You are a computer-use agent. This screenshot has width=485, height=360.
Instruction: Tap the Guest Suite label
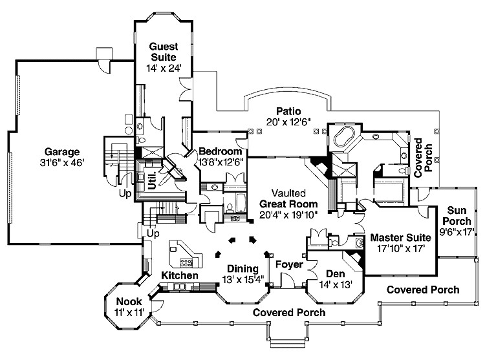163,52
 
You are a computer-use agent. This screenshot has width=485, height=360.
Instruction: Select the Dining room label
242,268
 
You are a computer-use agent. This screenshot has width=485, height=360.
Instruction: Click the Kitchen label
179,275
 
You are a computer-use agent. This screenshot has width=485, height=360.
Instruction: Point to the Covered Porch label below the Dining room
288,312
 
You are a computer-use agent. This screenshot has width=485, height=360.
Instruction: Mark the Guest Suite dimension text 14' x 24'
163,68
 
